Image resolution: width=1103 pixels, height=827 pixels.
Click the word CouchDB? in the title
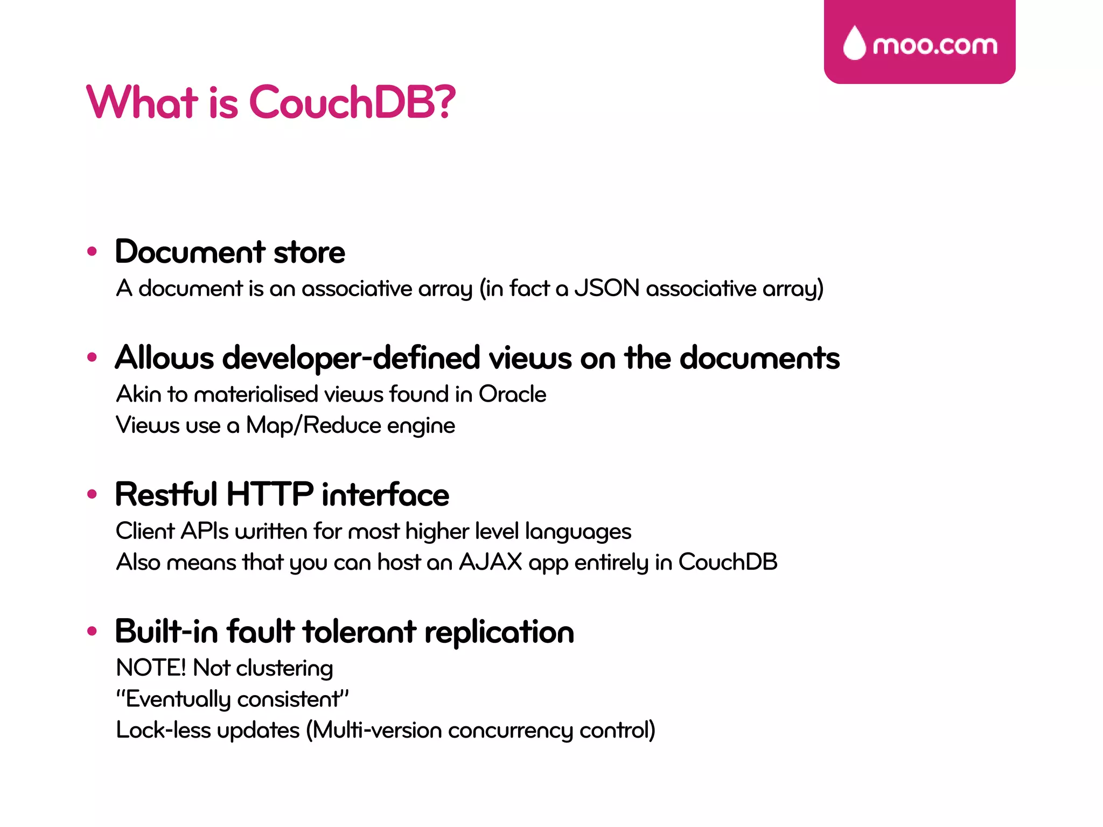click(x=352, y=102)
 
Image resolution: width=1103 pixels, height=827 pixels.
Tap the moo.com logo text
click(x=935, y=46)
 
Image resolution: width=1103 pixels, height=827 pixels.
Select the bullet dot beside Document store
click(x=92, y=251)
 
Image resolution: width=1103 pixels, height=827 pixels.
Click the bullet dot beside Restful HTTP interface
click(x=92, y=494)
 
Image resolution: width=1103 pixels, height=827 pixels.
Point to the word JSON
click(x=607, y=289)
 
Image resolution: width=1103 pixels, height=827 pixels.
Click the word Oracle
click(x=512, y=394)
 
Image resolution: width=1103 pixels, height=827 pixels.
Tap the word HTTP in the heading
click(x=270, y=494)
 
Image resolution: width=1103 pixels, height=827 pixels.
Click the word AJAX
click(x=490, y=562)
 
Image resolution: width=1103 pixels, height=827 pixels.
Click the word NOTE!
click(x=151, y=668)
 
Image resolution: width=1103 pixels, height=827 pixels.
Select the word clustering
click(x=284, y=668)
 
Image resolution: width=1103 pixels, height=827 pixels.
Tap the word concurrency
click(x=510, y=731)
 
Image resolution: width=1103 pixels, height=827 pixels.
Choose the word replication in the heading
click(x=499, y=632)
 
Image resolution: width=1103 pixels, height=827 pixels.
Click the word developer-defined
click(x=351, y=358)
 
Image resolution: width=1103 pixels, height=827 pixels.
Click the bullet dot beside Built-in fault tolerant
click(x=92, y=631)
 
